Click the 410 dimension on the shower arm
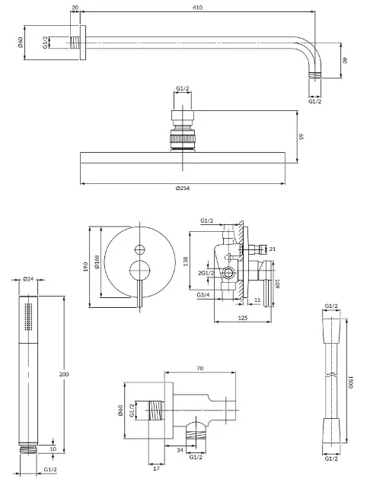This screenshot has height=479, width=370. click(x=198, y=8)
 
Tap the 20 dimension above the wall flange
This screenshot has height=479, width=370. click(x=75, y=8)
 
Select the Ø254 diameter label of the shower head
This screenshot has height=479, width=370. click(x=183, y=189)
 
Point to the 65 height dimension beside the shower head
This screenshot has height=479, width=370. click(x=301, y=136)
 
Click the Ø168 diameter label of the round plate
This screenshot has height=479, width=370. click(x=97, y=262)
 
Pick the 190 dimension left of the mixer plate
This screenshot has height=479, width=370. click(x=85, y=267)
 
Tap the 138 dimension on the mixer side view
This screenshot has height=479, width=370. click(x=186, y=262)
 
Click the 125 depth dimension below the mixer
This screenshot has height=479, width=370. click(x=243, y=318)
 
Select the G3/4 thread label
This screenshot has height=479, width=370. click(x=203, y=295)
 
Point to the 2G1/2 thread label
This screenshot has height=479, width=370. click(x=206, y=273)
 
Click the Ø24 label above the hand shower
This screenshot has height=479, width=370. click(x=28, y=278)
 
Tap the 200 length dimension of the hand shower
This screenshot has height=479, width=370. click(x=64, y=374)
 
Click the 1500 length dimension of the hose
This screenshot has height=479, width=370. click(x=350, y=382)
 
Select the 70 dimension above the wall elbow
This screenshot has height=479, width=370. click(x=200, y=369)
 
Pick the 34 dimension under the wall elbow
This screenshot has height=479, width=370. click(x=180, y=450)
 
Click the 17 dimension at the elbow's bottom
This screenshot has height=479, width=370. click(x=156, y=468)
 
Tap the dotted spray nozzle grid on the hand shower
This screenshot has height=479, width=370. click(x=28, y=316)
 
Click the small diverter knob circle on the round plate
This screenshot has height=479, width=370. click(x=140, y=250)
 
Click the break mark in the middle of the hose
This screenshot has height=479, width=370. click(x=331, y=375)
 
